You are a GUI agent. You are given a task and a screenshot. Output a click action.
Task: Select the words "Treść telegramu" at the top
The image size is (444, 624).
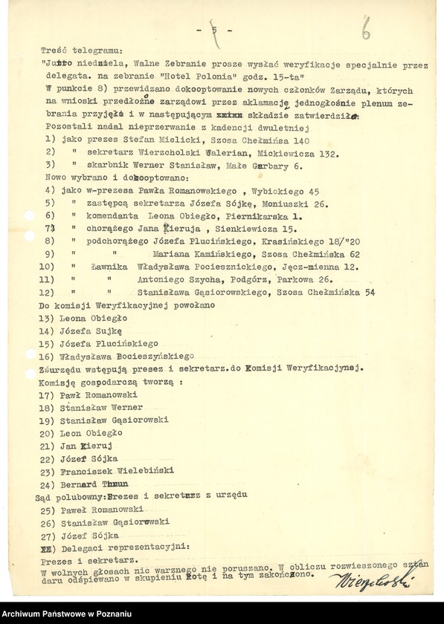pyautogui.click(x=76, y=51)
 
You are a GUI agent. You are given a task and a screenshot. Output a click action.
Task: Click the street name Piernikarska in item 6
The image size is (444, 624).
pyautogui.click(x=243, y=215)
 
